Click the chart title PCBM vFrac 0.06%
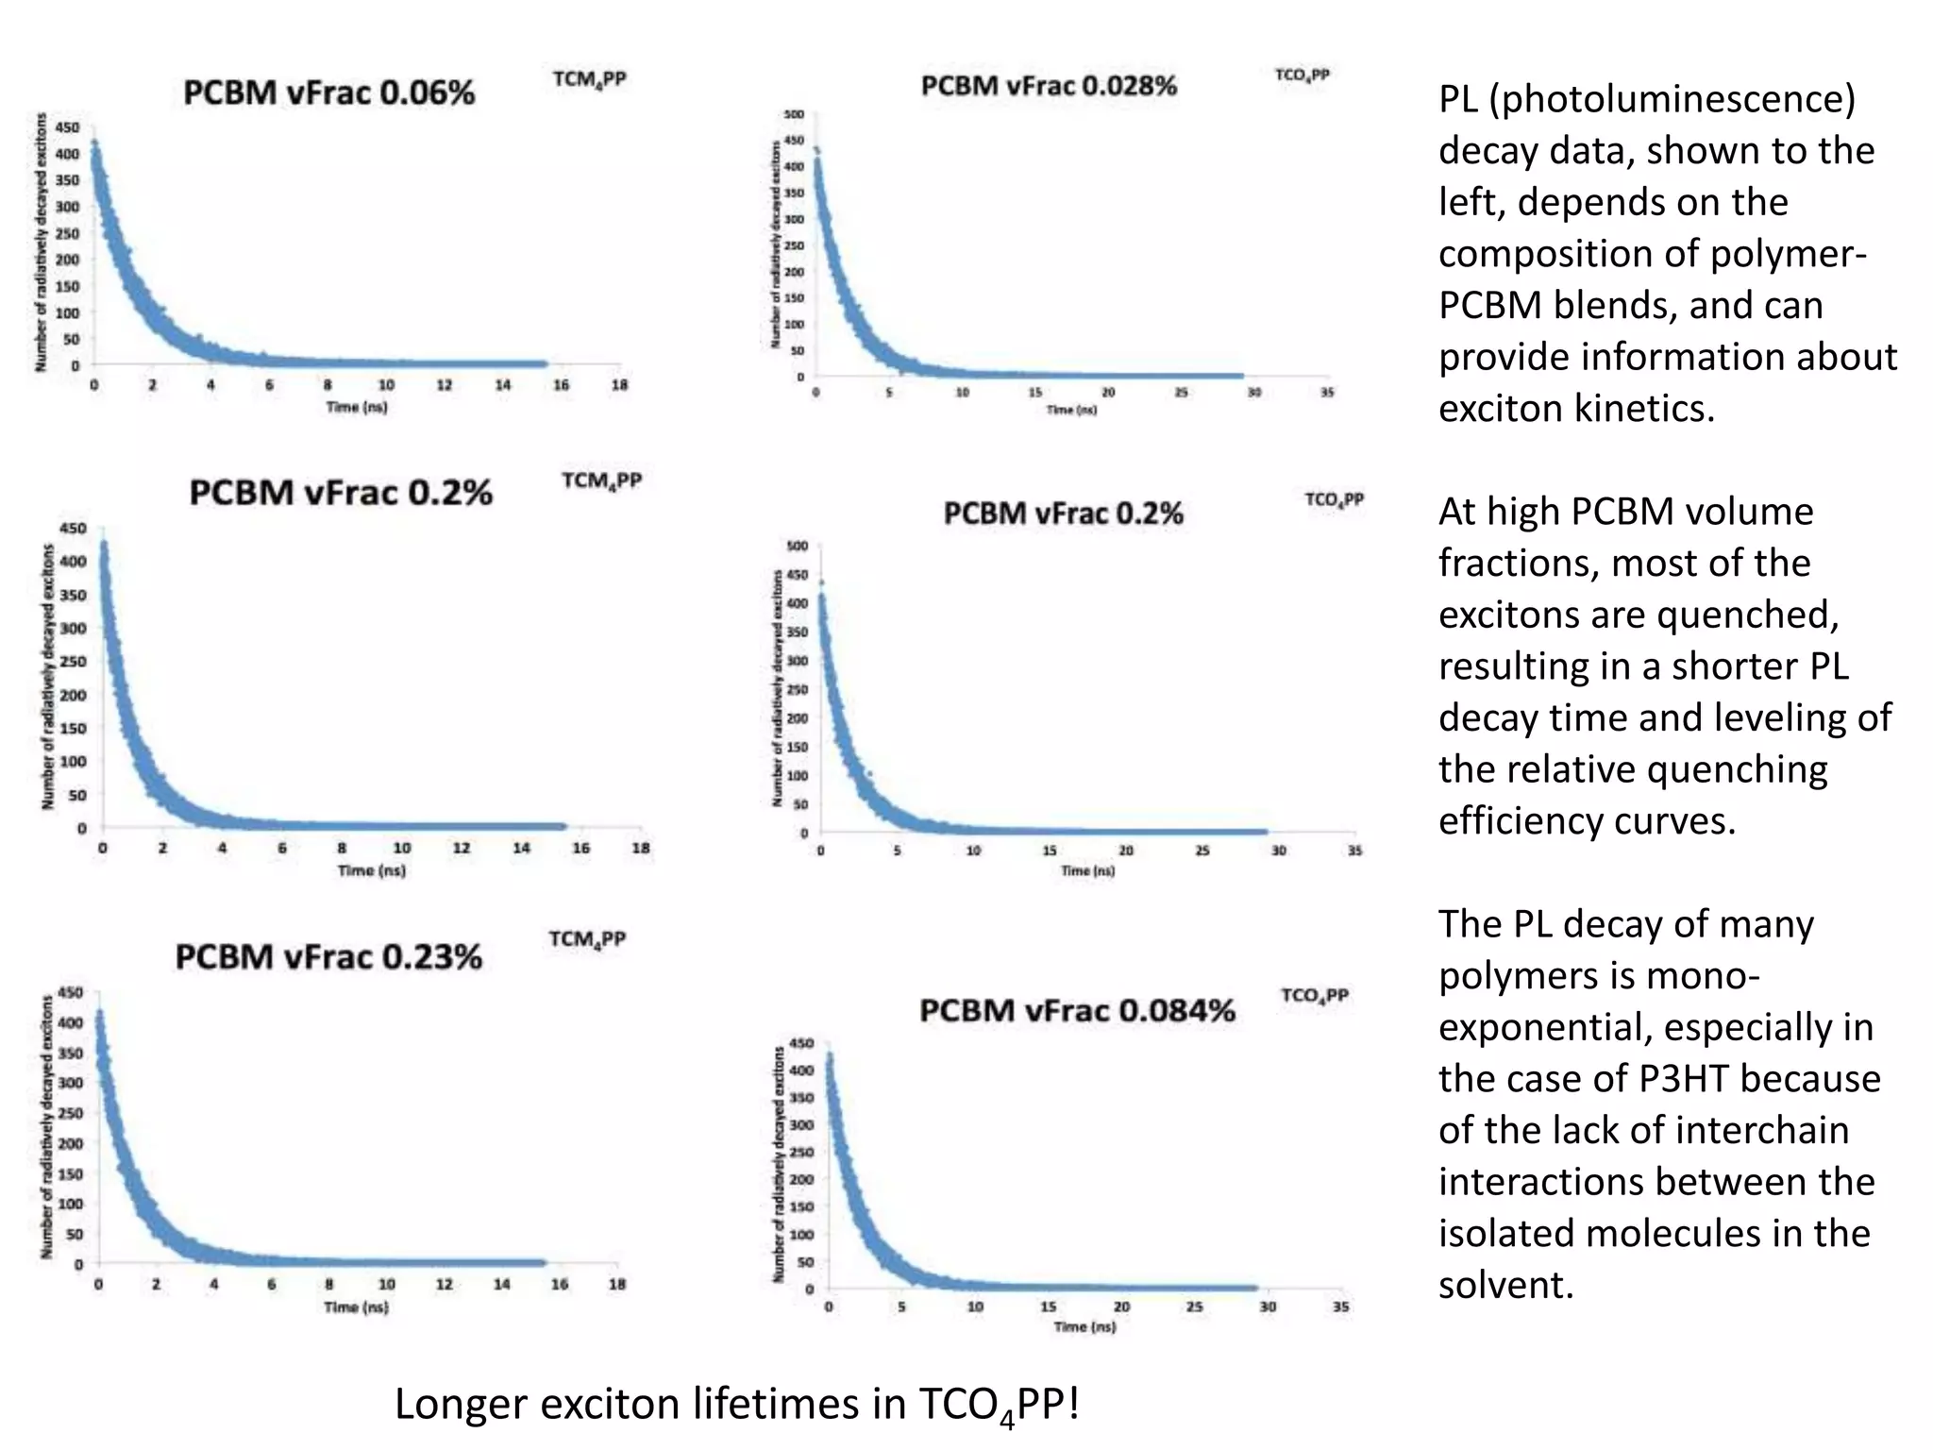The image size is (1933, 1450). coord(328,93)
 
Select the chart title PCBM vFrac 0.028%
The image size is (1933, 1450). coord(1049,86)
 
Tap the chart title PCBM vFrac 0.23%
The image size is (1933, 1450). coord(328,956)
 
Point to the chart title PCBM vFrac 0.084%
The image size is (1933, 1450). coord(1077,1010)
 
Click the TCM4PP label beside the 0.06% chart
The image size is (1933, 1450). coord(589,80)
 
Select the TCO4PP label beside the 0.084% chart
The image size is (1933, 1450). coord(1314,996)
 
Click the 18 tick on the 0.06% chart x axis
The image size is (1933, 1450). coord(619,385)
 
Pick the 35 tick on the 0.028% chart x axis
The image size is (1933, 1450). coord(1327,392)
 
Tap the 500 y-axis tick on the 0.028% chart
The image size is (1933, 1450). coord(794,114)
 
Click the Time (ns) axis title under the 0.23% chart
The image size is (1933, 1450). coord(356,1307)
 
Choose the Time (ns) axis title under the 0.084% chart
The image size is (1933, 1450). coord(1084,1326)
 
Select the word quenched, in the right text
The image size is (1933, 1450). coord(1747,615)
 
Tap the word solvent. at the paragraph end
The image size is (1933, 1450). coord(1505,1285)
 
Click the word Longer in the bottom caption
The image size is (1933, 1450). coord(461,1404)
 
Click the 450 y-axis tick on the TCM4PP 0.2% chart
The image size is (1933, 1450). coord(73,528)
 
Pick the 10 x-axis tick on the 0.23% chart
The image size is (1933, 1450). coord(387,1284)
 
